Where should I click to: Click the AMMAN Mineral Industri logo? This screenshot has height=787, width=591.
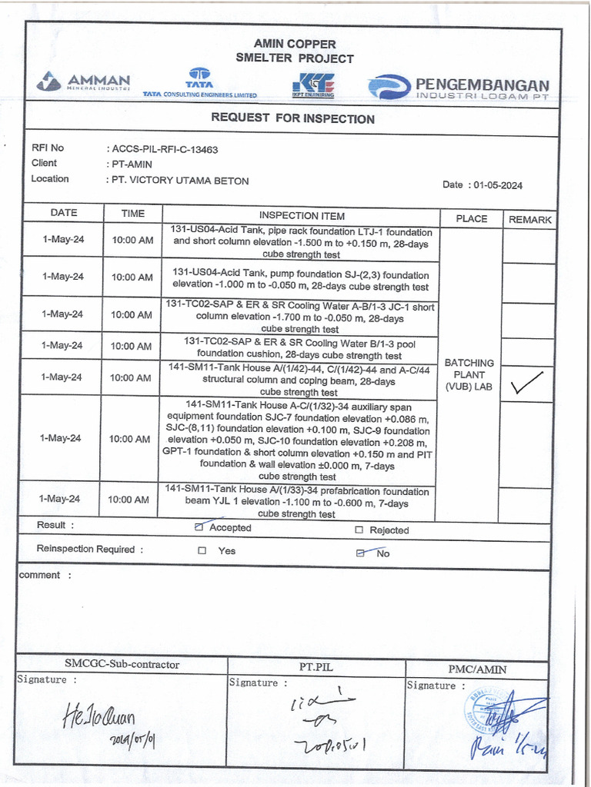[x=84, y=82]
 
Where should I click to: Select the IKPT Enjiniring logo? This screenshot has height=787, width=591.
[x=313, y=84]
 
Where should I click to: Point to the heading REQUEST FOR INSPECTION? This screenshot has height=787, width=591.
[x=293, y=118]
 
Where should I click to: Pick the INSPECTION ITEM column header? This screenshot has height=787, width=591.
[x=302, y=216]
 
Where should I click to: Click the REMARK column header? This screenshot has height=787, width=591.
[x=529, y=219]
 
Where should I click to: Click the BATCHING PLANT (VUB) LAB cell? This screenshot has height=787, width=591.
[x=469, y=375]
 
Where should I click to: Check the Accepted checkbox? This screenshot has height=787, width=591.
[x=200, y=527]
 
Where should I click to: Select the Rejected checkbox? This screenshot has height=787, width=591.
[x=359, y=530]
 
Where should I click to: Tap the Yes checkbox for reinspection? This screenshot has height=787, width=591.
[x=202, y=550]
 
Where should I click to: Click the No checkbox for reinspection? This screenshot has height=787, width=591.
[x=360, y=553]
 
